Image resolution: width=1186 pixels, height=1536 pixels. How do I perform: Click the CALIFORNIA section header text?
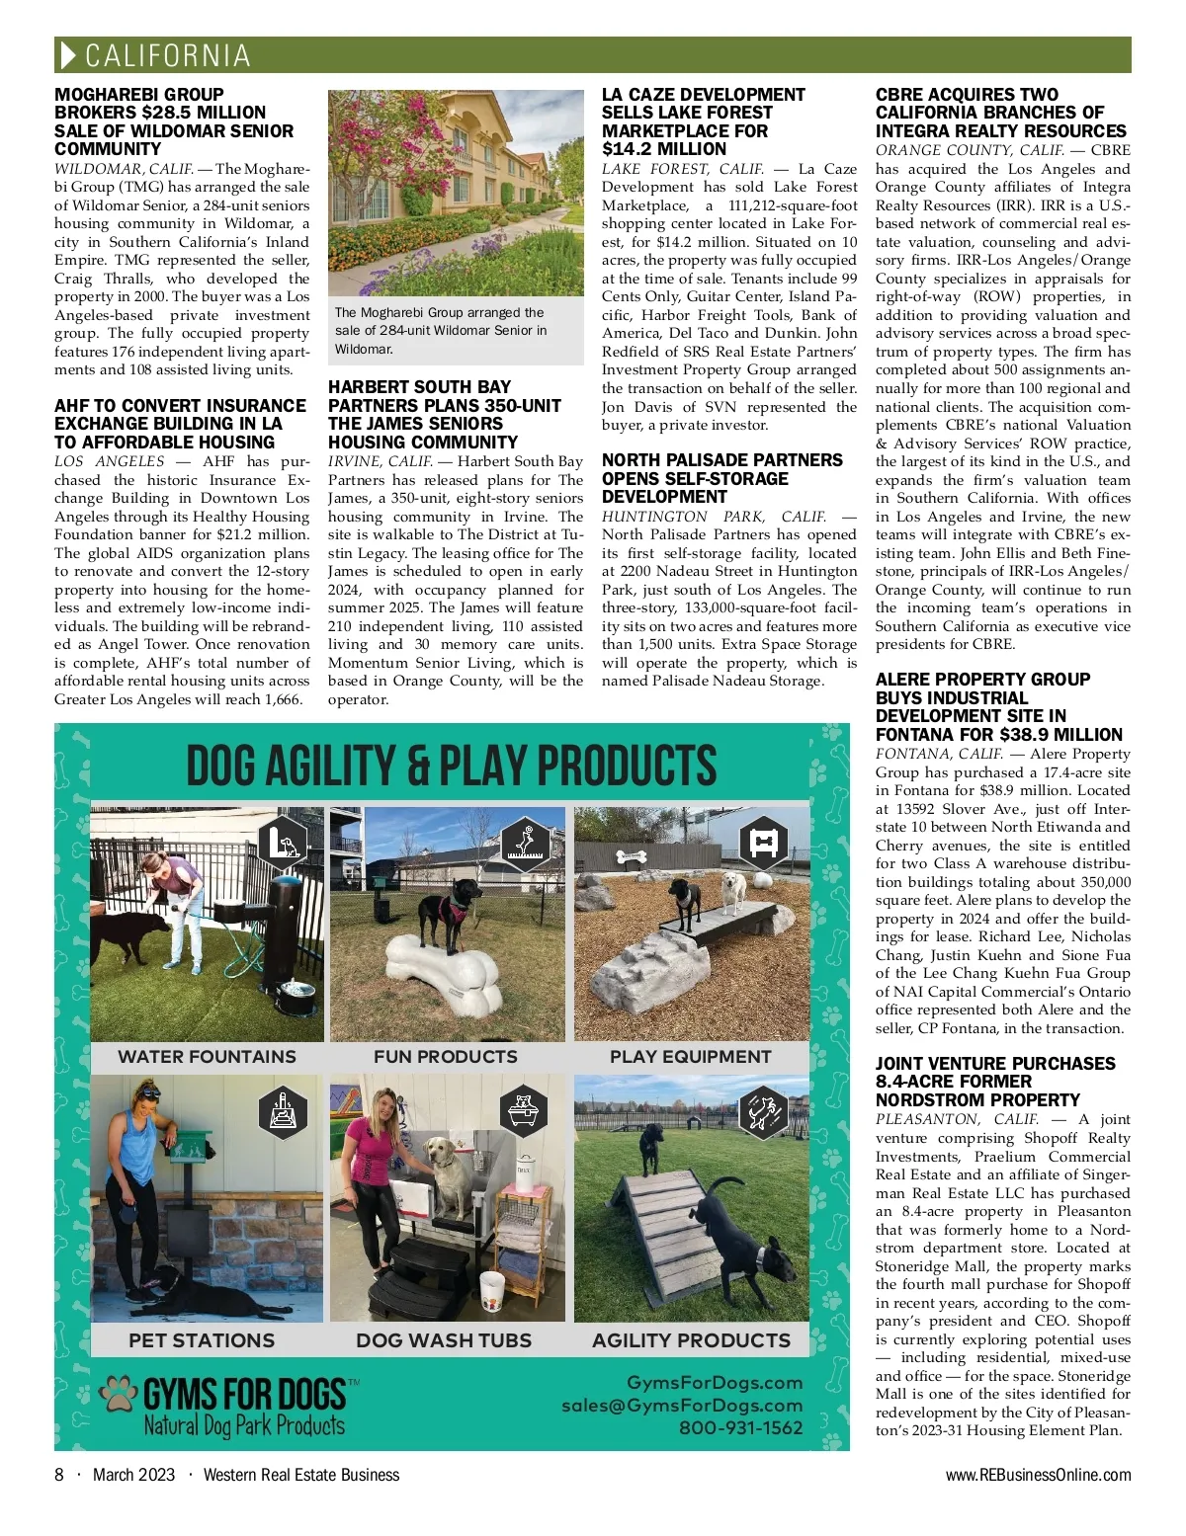point(167,55)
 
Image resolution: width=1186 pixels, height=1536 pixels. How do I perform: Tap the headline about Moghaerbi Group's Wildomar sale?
point(174,121)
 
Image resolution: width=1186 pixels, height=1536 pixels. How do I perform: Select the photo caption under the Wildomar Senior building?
point(441,330)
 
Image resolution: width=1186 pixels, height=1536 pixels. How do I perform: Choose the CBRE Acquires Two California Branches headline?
point(1000,113)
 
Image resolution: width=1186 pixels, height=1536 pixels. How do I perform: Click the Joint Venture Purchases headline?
point(994,1081)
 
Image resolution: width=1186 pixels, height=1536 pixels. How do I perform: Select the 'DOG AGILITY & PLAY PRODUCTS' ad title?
point(452,766)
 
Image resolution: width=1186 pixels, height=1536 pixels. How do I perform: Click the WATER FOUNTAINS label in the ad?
point(207,1057)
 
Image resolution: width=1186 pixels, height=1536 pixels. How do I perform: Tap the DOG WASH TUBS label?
point(444,1340)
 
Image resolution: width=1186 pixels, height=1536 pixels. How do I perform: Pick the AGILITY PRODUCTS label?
point(691,1340)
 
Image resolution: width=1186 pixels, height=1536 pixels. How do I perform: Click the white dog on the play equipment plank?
point(732,892)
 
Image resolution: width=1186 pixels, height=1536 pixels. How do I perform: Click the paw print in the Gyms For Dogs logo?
point(121,1393)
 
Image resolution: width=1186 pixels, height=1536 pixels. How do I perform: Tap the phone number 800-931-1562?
point(740,1427)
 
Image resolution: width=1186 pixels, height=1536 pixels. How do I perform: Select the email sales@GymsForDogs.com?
point(682,1405)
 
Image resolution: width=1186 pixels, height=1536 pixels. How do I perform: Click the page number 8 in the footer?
point(59,1475)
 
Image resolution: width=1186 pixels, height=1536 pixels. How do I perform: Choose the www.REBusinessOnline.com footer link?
point(1038,1475)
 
